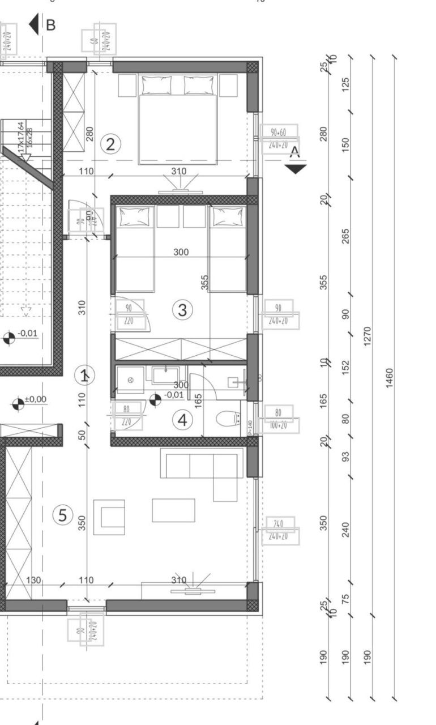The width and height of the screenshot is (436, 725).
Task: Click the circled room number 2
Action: click(x=110, y=144)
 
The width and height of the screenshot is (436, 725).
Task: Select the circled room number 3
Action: click(x=182, y=310)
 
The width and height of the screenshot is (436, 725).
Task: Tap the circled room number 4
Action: click(x=182, y=420)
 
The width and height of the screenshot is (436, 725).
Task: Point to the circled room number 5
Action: click(x=63, y=515)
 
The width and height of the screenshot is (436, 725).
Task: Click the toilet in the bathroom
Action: click(x=228, y=419)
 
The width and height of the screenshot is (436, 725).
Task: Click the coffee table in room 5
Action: click(x=173, y=510)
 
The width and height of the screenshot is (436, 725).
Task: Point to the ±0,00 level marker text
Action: click(x=36, y=399)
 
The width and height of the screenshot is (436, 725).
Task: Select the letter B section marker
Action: click(x=51, y=25)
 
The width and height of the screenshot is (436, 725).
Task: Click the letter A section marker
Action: click(x=294, y=151)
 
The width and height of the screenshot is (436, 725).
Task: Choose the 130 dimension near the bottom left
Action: click(x=34, y=580)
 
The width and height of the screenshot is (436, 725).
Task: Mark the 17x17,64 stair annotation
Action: click(x=21, y=135)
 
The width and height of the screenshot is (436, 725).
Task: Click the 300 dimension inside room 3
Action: click(x=181, y=252)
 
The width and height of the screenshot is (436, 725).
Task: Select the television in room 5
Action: click(x=193, y=591)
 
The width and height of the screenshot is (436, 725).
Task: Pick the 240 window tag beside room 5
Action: click(x=278, y=524)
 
